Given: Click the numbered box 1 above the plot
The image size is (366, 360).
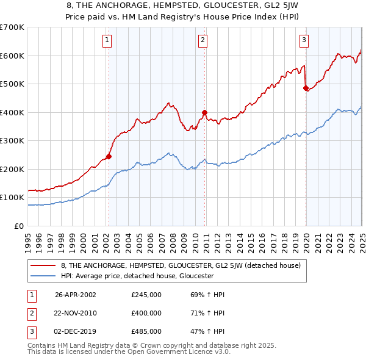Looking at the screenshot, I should pos(107,41).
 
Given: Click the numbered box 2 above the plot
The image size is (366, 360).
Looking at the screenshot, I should pos(203,41).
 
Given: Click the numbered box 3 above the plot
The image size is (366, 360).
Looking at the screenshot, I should pos(304,41).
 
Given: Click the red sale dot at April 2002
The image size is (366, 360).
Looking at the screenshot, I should pos(109,156).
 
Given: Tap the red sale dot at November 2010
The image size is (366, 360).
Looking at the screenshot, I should pos(204,112).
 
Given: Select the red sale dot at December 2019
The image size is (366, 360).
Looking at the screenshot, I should pos(306,88).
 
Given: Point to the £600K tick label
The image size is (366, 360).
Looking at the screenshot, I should pos(12,56).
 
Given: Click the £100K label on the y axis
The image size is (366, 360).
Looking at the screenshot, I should pos(12,198).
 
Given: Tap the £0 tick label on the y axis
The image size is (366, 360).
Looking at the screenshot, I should pos(18,226).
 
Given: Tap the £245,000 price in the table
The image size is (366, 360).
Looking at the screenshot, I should pos(146,294).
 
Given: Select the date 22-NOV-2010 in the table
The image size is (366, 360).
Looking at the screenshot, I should pos(76,313).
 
